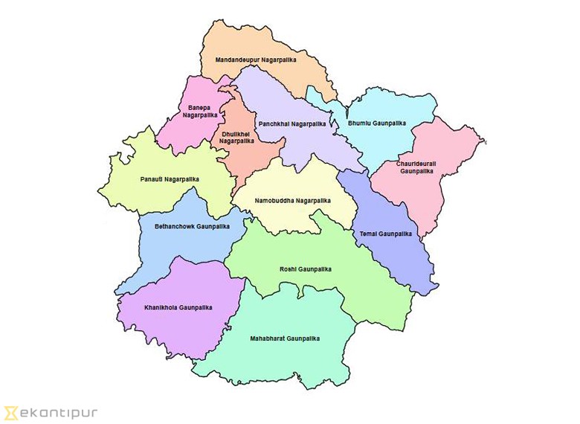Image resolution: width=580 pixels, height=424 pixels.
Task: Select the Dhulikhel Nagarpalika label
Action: click(x=236, y=137)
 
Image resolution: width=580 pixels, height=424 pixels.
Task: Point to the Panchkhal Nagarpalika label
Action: click(x=292, y=123)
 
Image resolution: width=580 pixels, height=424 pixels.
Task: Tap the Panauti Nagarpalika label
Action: click(x=170, y=179)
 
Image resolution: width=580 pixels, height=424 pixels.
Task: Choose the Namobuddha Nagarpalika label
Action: click(x=292, y=201)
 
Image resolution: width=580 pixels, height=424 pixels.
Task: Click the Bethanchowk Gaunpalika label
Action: click(x=192, y=225)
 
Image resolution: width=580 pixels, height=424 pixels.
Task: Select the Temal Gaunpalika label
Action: click(x=385, y=234)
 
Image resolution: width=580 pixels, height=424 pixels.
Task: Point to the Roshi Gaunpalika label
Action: click(x=306, y=269)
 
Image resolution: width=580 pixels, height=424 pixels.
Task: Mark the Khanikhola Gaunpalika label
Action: click(x=178, y=307)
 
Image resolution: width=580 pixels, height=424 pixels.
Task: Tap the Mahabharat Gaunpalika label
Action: click(x=285, y=338)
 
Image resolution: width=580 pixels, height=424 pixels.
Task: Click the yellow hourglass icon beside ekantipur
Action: click(x=10, y=411)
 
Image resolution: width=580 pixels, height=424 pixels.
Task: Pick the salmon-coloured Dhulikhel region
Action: click(x=245, y=160)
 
